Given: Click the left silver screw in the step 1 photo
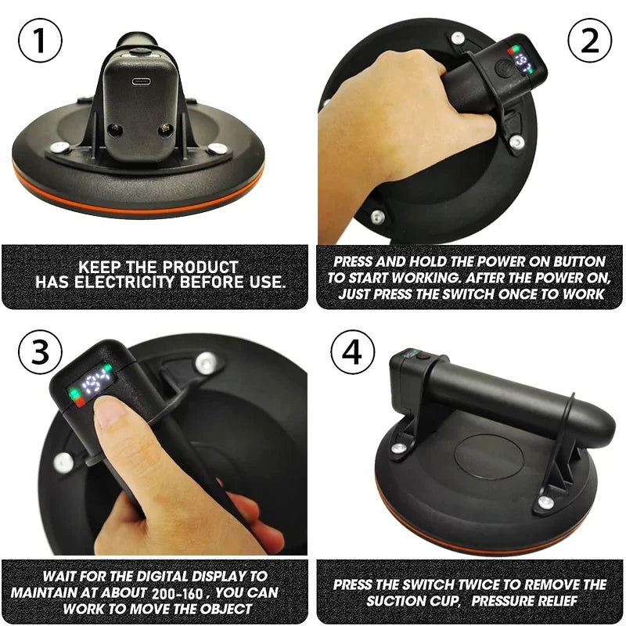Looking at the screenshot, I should click(x=58, y=146).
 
